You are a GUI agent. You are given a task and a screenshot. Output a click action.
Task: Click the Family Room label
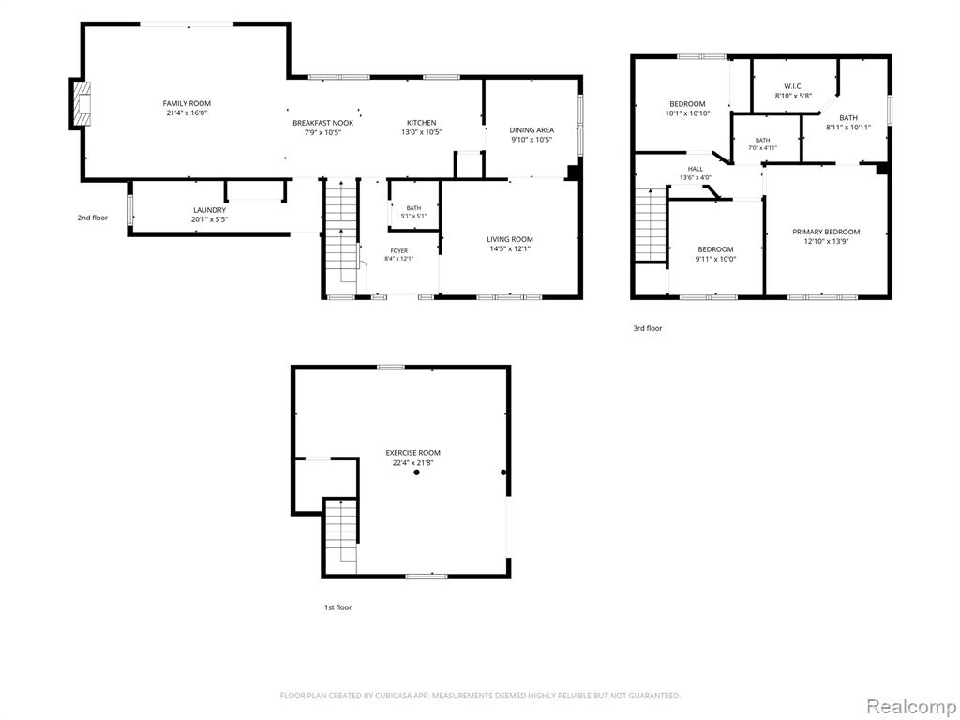tap(187, 103)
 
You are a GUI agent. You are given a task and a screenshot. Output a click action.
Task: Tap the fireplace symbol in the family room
tap(82, 103)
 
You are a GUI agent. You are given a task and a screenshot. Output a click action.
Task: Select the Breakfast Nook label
tap(322, 123)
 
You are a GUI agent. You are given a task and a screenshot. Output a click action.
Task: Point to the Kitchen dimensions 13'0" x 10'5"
tap(421, 132)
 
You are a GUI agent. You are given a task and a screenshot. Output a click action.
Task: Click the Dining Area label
tap(532, 129)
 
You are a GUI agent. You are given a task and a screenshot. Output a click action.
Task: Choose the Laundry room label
tap(209, 210)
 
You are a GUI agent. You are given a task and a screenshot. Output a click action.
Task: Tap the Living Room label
tap(510, 239)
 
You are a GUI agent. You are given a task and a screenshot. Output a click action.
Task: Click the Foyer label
tap(399, 250)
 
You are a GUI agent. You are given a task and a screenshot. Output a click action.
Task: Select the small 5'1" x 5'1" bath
tap(413, 212)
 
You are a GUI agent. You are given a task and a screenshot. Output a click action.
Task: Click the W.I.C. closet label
tap(793, 86)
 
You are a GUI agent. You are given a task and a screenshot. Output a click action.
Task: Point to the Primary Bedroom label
tap(826, 232)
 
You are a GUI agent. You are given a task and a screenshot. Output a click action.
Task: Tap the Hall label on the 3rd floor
tap(696, 169)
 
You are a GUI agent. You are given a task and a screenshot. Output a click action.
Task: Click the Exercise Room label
tap(412, 453)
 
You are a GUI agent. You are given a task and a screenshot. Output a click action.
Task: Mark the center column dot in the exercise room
tap(416, 472)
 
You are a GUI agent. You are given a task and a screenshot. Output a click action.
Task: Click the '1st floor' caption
tap(337, 607)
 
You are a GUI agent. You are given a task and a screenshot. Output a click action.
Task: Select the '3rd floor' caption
tap(647, 328)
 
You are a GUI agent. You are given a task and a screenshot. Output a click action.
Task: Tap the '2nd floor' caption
tap(93, 217)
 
